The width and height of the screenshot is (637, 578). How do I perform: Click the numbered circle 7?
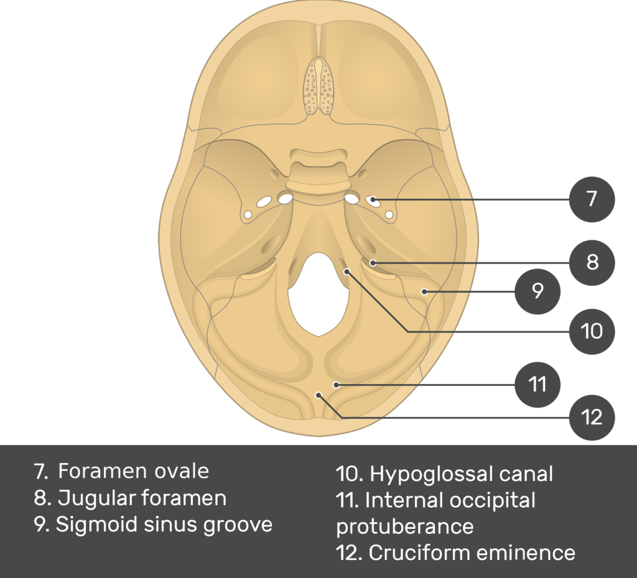click(592, 199)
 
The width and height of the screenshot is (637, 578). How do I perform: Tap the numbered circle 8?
click(592, 262)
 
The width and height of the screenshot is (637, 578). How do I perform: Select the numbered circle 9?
click(537, 290)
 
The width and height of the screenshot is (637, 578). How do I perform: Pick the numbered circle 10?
click(592, 331)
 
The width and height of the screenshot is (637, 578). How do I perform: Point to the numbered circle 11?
click(537, 385)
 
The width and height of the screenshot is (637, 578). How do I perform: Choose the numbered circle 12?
click(592, 417)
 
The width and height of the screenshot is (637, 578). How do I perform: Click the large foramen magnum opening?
click(318, 292)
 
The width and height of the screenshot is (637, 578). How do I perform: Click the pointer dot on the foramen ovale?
click(373, 200)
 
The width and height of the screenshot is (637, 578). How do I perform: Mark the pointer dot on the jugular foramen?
click(373, 263)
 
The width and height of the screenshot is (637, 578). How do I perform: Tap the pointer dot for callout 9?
click(424, 290)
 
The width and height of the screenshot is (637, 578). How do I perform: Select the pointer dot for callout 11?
click(336, 385)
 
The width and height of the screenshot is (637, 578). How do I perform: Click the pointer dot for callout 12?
click(318, 395)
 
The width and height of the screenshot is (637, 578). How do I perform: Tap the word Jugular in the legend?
click(96, 498)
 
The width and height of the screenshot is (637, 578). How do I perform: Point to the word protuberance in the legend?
click(405, 526)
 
